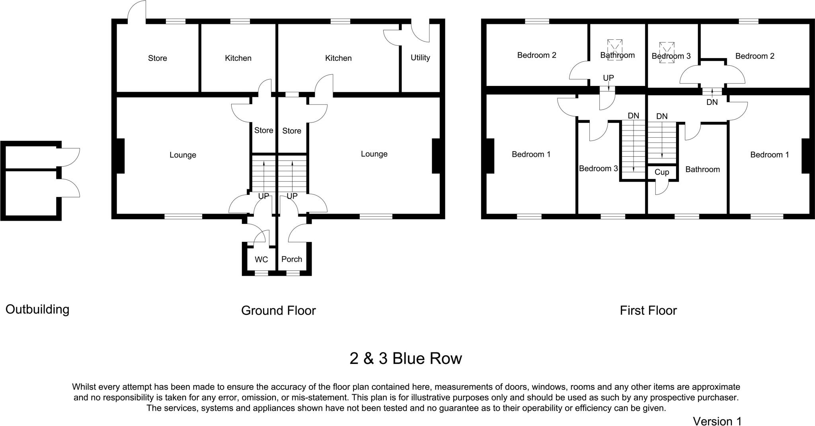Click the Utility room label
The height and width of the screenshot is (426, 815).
(x=420, y=58)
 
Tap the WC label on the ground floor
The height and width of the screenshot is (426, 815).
(x=261, y=260)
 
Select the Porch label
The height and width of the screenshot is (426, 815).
(x=292, y=259)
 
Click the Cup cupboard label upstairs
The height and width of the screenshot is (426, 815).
(x=661, y=172)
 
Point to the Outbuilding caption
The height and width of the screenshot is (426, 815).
(x=37, y=309)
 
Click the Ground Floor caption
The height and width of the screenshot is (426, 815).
(x=278, y=311)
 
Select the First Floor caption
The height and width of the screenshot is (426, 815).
(x=648, y=311)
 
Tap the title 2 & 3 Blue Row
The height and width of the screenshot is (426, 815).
(x=406, y=359)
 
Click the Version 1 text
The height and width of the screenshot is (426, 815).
(x=717, y=421)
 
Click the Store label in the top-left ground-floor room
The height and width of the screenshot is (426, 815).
(x=157, y=58)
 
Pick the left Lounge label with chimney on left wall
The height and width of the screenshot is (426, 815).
(x=183, y=155)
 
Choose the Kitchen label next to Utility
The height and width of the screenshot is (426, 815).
(x=338, y=58)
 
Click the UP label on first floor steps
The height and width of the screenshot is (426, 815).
(x=608, y=78)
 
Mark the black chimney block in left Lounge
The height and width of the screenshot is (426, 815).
(x=120, y=156)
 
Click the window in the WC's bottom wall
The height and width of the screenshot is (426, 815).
(x=261, y=273)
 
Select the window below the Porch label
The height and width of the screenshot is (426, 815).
(x=293, y=273)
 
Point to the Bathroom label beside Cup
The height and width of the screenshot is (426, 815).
(x=702, y=169)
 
